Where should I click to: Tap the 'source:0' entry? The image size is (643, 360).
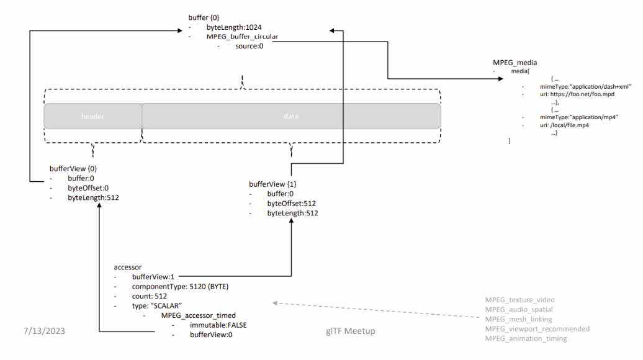(x=249, y=47)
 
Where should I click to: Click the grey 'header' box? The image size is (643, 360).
(x=93, y=116)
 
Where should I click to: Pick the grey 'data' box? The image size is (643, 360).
(x=291, y=116)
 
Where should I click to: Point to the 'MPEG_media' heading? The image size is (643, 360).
(x=515, y=63)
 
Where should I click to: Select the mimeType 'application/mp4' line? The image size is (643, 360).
(x=577, y=117)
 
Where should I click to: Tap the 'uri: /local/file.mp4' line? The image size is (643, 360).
(x=564, y=125)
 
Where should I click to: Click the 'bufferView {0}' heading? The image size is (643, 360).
(x=73, y=168)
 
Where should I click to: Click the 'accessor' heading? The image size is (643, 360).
(x=128, y=266)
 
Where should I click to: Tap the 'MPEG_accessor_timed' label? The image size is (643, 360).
(x=198, y=316)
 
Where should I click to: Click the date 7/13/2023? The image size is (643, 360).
(x=40, y=331)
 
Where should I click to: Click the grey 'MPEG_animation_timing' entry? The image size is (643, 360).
(x=526, y=338)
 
